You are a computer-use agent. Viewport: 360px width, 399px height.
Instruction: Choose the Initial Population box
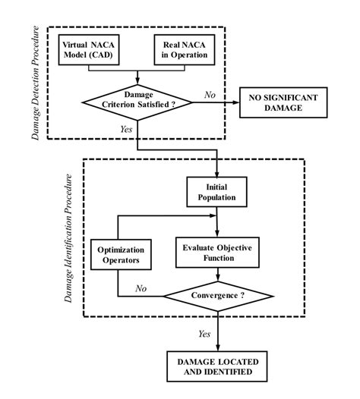217,192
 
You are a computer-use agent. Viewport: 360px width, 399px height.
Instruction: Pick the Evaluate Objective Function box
217,253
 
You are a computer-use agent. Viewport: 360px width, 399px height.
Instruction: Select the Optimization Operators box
118,253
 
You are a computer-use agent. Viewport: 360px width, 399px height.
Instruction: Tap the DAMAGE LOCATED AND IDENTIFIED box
217,367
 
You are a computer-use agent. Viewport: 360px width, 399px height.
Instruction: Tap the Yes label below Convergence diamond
204,333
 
